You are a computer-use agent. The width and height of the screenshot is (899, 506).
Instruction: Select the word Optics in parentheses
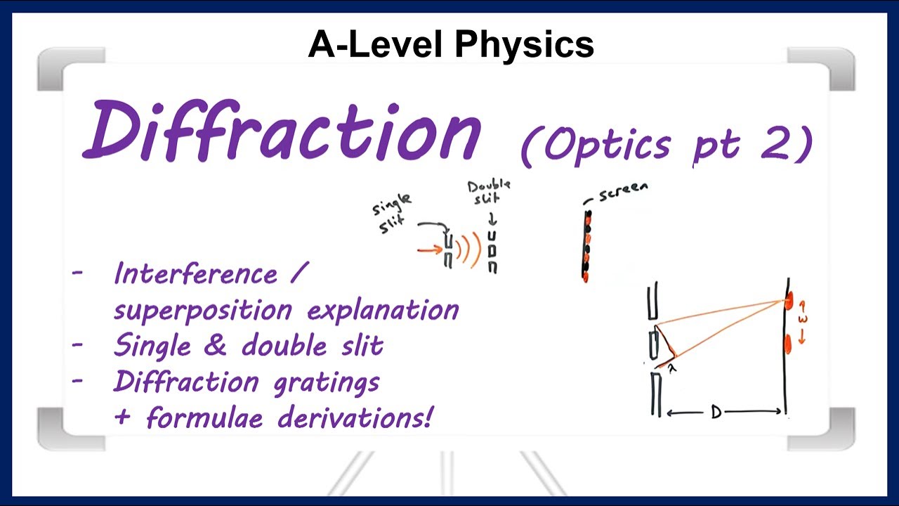click(607, 144)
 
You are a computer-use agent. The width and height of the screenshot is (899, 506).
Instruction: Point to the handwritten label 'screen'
click(622, 192)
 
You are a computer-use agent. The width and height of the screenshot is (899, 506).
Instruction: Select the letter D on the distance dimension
click(716, 413)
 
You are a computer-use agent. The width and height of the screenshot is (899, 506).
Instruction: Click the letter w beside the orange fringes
click(802, 319)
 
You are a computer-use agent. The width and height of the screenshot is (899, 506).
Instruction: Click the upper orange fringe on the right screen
click(789, 301)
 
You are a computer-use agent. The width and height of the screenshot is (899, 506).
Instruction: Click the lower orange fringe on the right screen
click(788, 344)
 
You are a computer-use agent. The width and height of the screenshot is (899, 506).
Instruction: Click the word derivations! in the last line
click(355, 417)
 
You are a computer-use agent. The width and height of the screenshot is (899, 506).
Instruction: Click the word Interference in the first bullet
click(196, 273)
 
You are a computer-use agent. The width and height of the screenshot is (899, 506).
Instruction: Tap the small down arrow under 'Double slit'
click(492, 219)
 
